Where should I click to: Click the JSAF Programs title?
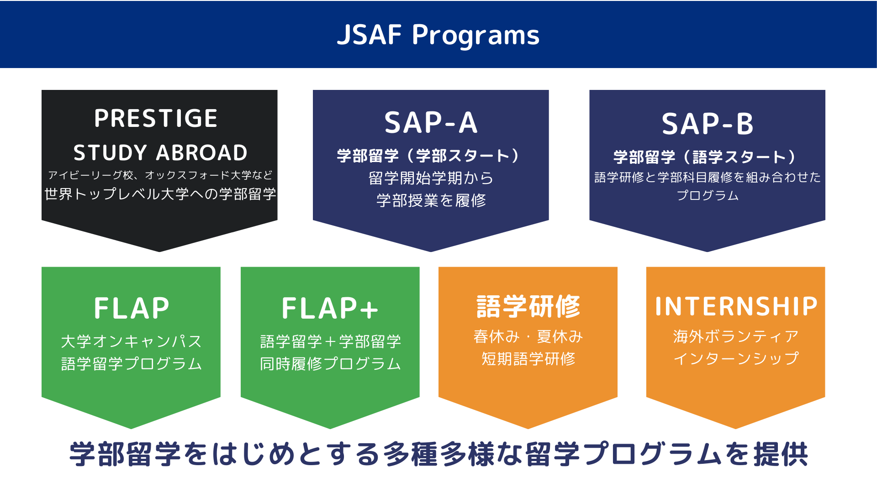[x=438, y=35]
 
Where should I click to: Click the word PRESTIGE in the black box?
[x=156, y=118]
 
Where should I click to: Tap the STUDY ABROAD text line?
[x=160, y=152]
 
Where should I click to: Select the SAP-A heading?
[x=431, y=123]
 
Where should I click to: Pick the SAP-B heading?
[x=707, y=124]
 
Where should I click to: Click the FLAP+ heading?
[x=330, y=308]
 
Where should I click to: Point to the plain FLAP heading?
[x=132, y=308]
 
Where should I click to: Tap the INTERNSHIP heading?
[x=736, y=306]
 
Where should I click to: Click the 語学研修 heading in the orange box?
[x=528, y=306]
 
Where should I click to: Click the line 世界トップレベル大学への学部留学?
[x=160, y=194]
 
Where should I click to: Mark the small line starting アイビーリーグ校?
[x=160, y=175]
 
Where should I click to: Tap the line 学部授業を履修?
[x=431, y=200]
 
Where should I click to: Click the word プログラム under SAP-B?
[x=707, y=195]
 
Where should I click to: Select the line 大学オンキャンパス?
[x=131, y=341]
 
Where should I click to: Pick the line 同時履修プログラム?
[x=330, y=364]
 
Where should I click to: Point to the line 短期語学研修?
[x=528, y=359]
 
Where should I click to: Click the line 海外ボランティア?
[x=735, y=336]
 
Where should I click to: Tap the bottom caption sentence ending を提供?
[x=438, y=454]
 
